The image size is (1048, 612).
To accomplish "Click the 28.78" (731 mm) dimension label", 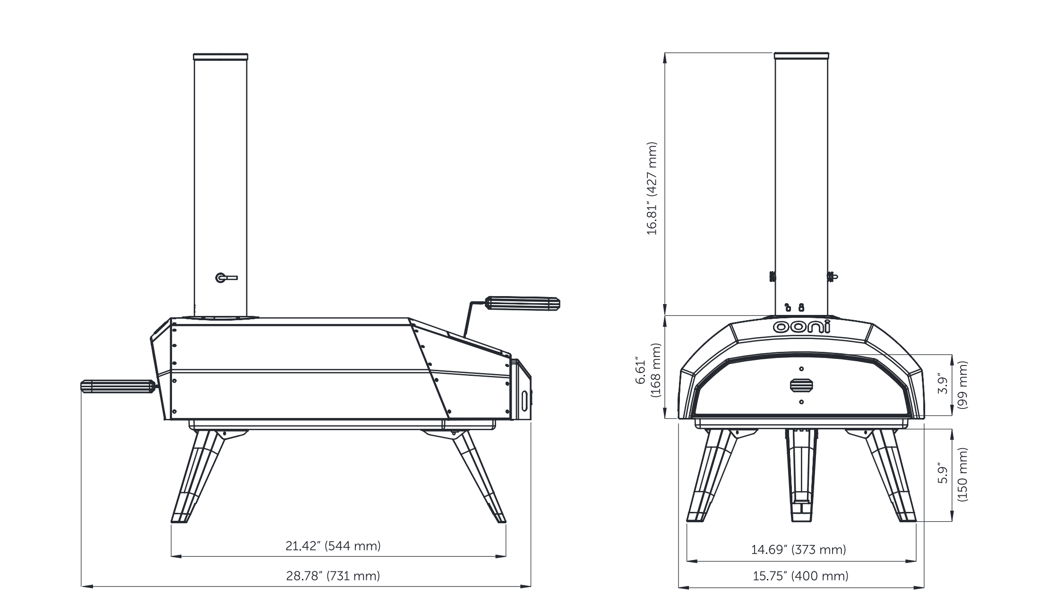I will coord(333,576).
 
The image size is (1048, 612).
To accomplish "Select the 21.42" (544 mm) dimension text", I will coord(333,546).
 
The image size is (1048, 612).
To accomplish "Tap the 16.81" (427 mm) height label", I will coord(652,188).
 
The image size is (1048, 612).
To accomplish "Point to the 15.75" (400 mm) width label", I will coord(800,576).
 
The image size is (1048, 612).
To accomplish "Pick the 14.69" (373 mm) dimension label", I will coord(799,550).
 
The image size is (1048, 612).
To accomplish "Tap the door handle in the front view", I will coord(801,385).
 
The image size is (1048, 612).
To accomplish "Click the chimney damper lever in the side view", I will coord(226,278).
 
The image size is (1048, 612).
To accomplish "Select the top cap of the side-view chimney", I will coord(220,57).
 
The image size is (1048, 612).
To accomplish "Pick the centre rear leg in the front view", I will coord(801,477).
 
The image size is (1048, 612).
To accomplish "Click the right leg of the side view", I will coord(480,477).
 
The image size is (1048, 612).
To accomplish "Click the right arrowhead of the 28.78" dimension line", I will coord(528,586).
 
